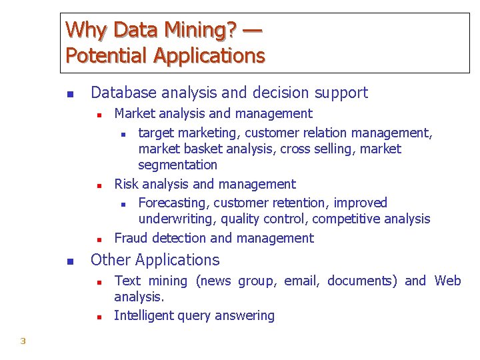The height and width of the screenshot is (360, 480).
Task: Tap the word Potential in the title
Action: tap(107, 56)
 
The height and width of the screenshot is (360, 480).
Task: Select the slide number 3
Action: tap(23, 341)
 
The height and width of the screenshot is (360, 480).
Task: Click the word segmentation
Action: tap(177, 165)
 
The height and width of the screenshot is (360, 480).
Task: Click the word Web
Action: tap(447, 281)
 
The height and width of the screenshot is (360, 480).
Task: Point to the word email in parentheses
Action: tap(301, 281)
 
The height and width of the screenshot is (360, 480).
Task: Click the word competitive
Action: tap(342, 219)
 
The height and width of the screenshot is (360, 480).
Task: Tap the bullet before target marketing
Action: tap(123, 133)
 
